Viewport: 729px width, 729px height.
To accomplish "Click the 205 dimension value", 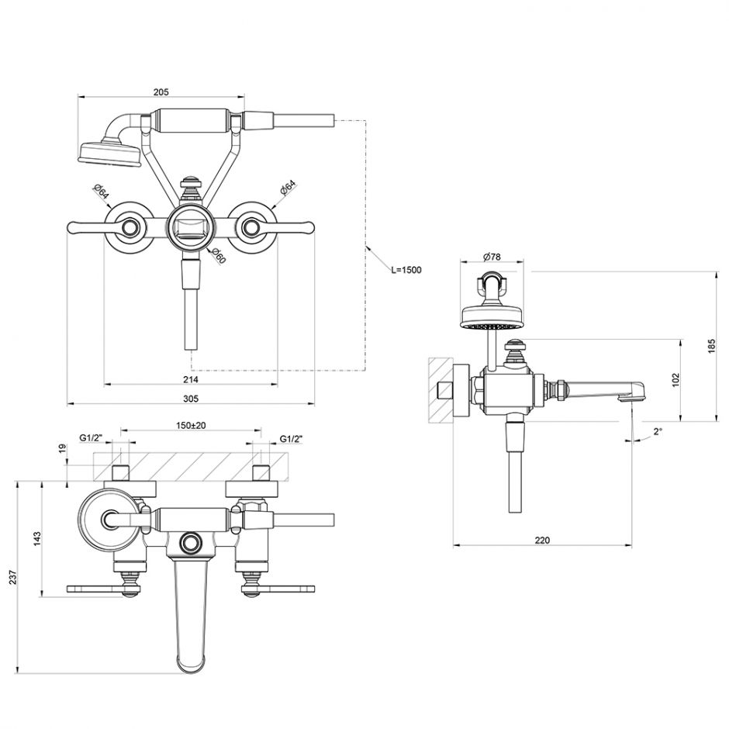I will [161, 92].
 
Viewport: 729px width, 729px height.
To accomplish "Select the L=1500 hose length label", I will [406, 270].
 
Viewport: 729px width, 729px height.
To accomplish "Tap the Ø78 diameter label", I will [491, 257].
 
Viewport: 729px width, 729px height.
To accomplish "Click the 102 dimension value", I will [675, 380].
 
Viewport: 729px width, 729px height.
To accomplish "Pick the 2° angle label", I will [658, 432].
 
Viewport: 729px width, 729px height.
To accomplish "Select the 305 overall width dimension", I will [191, 399].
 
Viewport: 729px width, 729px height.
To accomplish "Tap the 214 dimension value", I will [191, 379].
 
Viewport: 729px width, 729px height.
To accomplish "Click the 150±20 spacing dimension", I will [191, 426].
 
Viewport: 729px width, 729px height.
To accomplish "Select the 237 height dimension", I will [12, 577].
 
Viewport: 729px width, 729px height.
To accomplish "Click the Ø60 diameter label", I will [219, 257].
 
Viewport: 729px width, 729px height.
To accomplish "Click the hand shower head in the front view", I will [109, 151].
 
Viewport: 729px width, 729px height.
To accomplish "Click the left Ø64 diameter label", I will [99, 192].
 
